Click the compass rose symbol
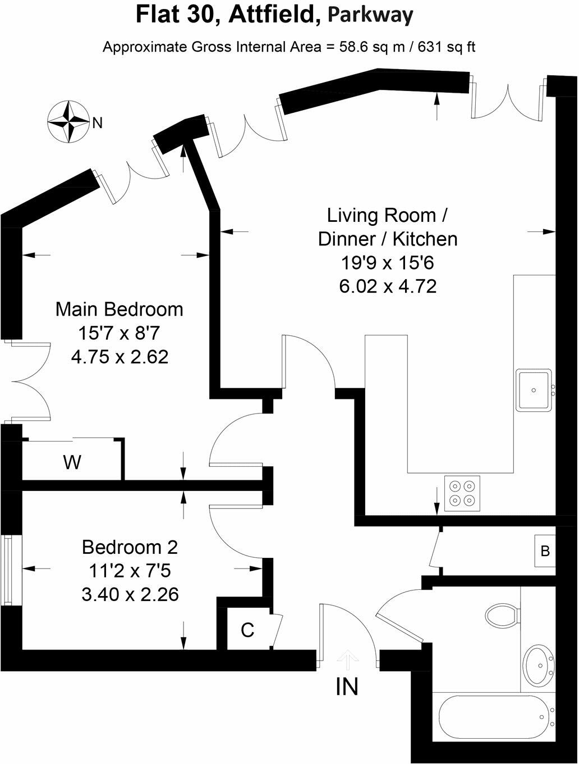click(68, 121)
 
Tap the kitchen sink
click(534, 390)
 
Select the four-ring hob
click(462, 493)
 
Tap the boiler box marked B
click(545, 551)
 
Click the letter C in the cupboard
click(247, 630)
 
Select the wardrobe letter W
click(72, 462)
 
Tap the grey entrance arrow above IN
click(347, 657)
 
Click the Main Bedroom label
click(119, 310)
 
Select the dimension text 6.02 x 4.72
click(388, 286)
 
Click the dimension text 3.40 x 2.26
click(130, 594)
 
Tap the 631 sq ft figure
click(446, 47)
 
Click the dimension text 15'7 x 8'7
click(119, 333)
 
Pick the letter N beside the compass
click(98, 123)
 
